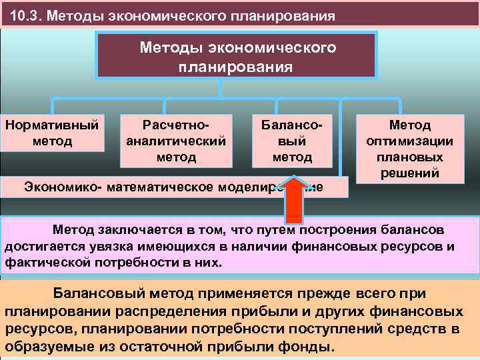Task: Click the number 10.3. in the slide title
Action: [26, 15]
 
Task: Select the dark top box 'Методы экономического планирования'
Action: [237, 57]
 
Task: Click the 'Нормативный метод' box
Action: [52, 133]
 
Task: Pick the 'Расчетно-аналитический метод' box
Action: [176, 141]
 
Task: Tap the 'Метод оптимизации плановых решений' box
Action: [410, 148]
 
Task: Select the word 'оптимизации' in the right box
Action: [410, 141]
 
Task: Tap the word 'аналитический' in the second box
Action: [176, 141]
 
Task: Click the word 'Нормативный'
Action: [52, 125]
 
